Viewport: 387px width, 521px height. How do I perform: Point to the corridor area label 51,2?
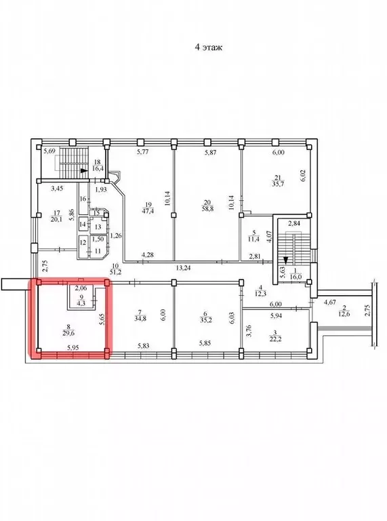click(116, 272)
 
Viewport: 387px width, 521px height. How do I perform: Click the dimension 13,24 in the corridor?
click(183, 267)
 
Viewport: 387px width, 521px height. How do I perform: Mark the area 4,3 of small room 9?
click(81, 304)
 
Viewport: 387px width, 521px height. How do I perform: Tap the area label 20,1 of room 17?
click(57, 218)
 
